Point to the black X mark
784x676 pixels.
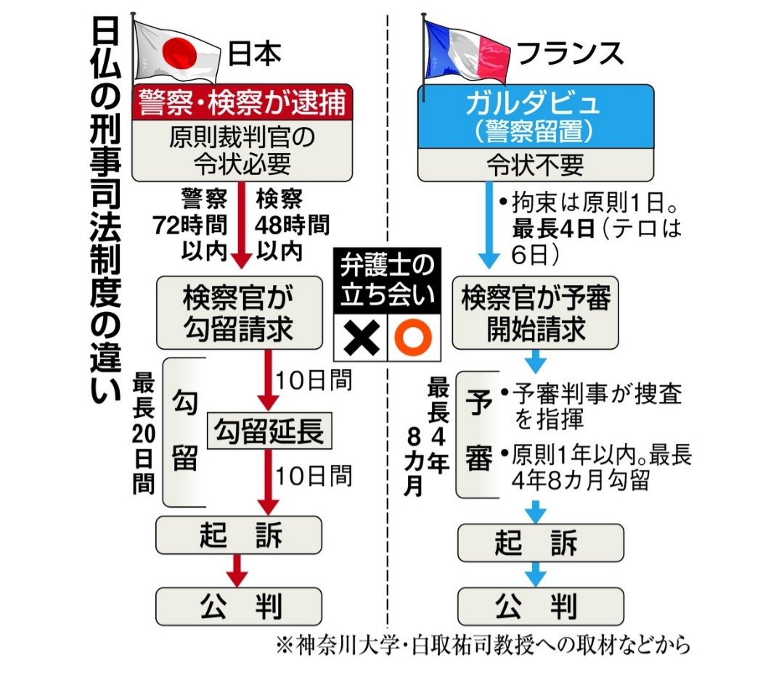(362, 338)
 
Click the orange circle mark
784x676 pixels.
(415, 338)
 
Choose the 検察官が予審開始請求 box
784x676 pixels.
(536, 312)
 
